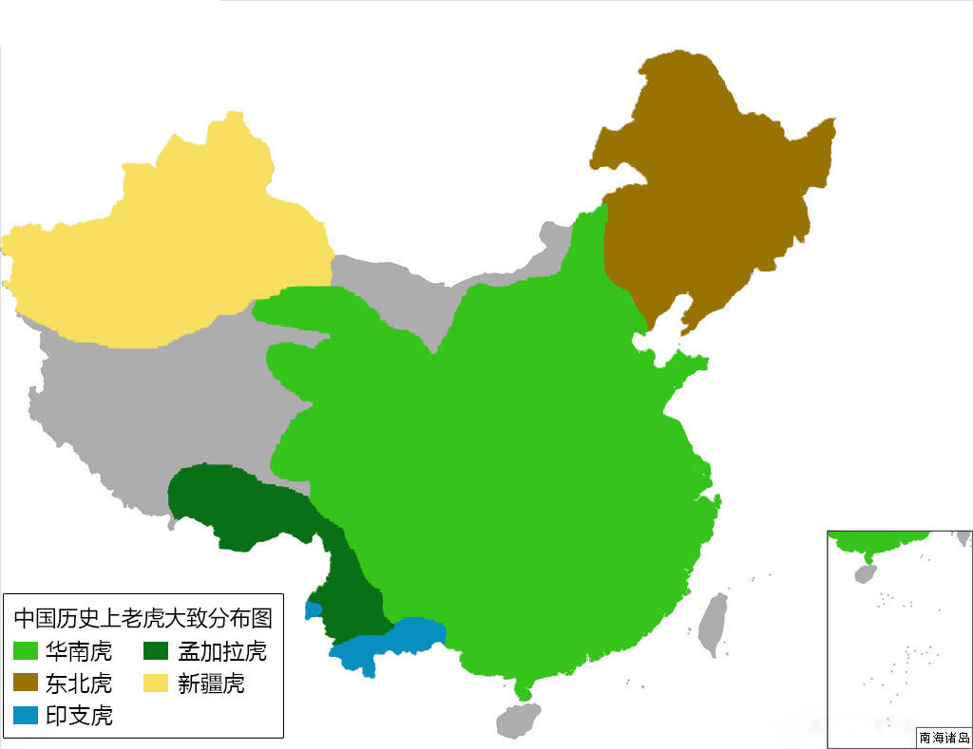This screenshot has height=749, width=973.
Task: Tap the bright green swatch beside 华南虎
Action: [x=28, y=651]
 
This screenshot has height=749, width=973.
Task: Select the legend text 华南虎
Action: [x=79, y=651]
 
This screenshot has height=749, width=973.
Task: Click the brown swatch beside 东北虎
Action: [x=28, y=683]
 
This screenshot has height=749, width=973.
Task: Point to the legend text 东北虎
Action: [x=79, y=683]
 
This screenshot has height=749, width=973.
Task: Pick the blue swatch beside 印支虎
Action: [x=28, y=716]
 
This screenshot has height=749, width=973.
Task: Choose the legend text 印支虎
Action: [x=79, y=716]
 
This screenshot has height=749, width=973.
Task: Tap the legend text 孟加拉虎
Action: [x=222, y=651]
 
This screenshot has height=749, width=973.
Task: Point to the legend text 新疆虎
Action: [x=211, y=683]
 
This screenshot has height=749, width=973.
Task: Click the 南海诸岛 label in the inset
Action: [x=944, y=738]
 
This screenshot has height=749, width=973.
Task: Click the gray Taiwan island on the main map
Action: [x=713, y=623]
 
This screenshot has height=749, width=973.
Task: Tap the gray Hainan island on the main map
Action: [x=517, y=719]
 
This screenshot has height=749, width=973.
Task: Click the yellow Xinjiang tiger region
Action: [x=171, y=256]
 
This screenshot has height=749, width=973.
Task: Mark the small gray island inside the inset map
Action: [x=865, y=573]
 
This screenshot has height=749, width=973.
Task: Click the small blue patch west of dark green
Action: [x=313, y=610]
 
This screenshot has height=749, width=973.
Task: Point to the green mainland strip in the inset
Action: [x=874, y=542]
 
